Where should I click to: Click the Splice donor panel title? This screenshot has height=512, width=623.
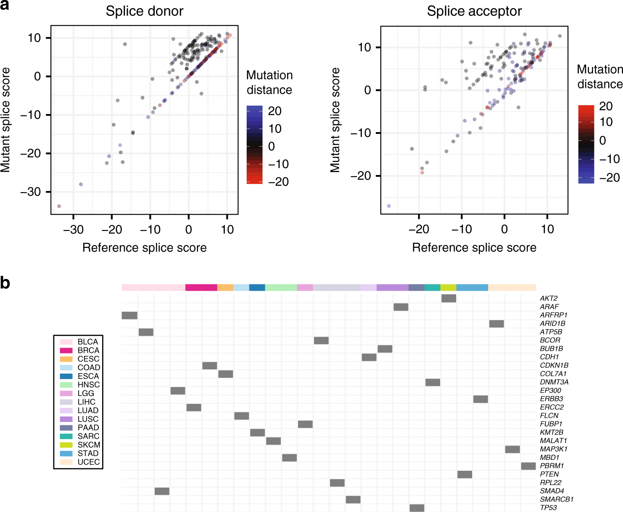tap(144, 11)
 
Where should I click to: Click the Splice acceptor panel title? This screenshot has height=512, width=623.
tap(474, 11)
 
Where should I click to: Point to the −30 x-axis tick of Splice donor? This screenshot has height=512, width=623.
tap(73, 229)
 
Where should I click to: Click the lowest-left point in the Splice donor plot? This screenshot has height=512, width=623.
tap(59, 206)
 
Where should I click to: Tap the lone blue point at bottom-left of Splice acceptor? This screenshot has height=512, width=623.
tap(389, 206)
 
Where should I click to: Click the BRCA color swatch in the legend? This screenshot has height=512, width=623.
tap(66, 350)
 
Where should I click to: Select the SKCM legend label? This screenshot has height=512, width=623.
tap(89, 445)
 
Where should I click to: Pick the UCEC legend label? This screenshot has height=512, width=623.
tap(89, 462)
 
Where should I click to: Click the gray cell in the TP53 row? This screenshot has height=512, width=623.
tap(417, 508)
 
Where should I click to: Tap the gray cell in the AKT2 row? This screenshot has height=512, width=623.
tap(449, 298)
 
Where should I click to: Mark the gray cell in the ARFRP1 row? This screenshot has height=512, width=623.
tap(129, 315)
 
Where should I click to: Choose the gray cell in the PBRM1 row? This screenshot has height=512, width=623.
tap(528, 466)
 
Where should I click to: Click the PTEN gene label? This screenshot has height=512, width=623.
tap(549, 474)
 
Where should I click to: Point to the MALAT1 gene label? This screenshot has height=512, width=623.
tap(553, 440)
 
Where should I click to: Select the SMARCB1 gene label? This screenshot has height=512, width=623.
tap(557, 499)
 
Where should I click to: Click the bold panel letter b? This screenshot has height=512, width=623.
tap(5, 283)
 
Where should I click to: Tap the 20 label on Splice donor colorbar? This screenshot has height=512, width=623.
tap(275, 111)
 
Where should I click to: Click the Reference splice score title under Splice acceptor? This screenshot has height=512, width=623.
tap(474, 247)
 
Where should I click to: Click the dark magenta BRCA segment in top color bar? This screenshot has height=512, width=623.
tap(201, 287)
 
